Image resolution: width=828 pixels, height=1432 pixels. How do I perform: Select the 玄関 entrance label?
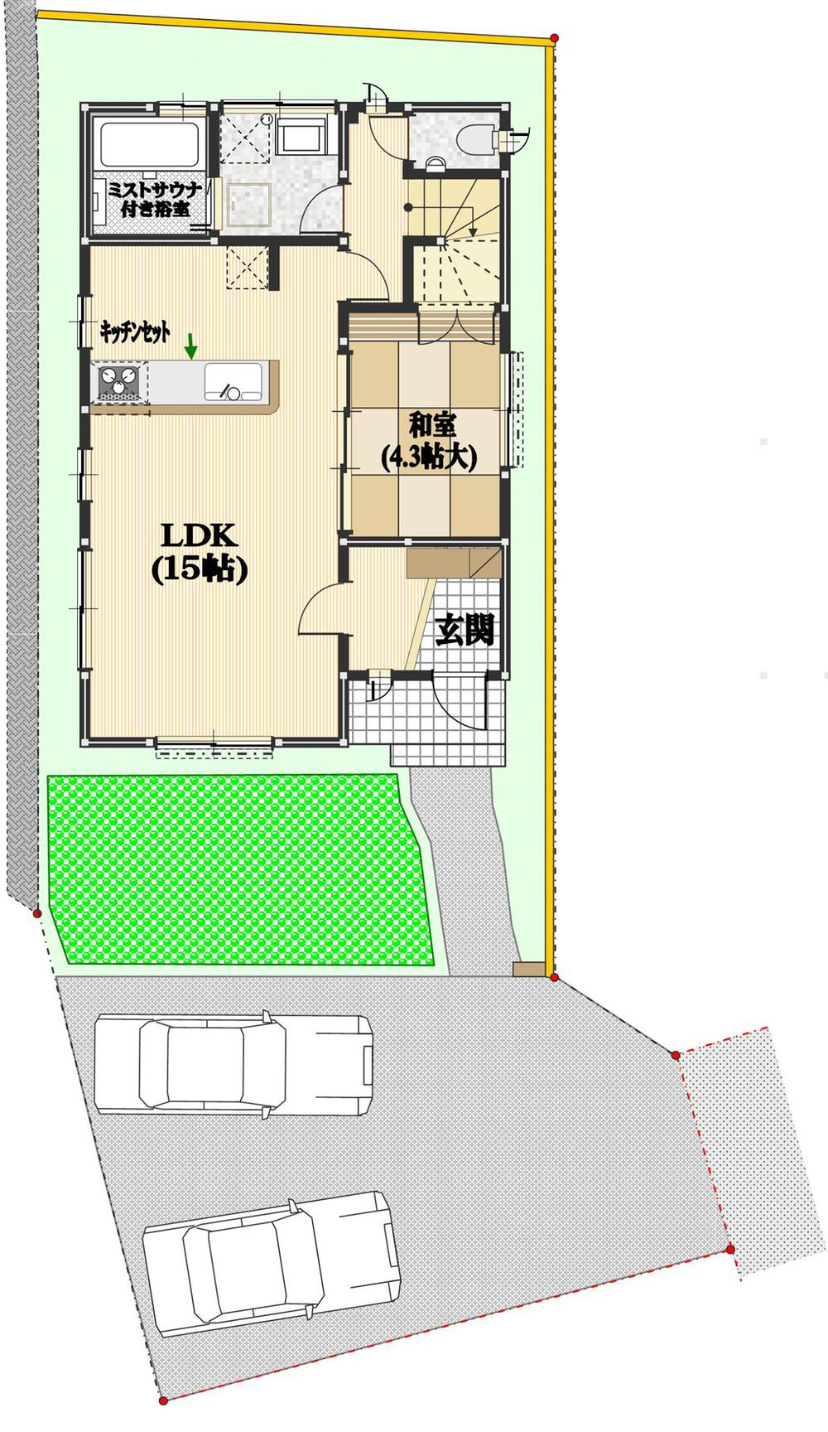coord(465,631)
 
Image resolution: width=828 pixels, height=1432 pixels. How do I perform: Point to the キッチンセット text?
coord(135,332)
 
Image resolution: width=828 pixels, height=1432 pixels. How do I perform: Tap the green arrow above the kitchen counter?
coord(191,346)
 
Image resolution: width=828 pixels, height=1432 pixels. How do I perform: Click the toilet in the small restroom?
coord(474,139)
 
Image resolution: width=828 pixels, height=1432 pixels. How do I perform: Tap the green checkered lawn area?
coord(240,869)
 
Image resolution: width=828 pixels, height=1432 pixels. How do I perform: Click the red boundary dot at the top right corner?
coord(554,38)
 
